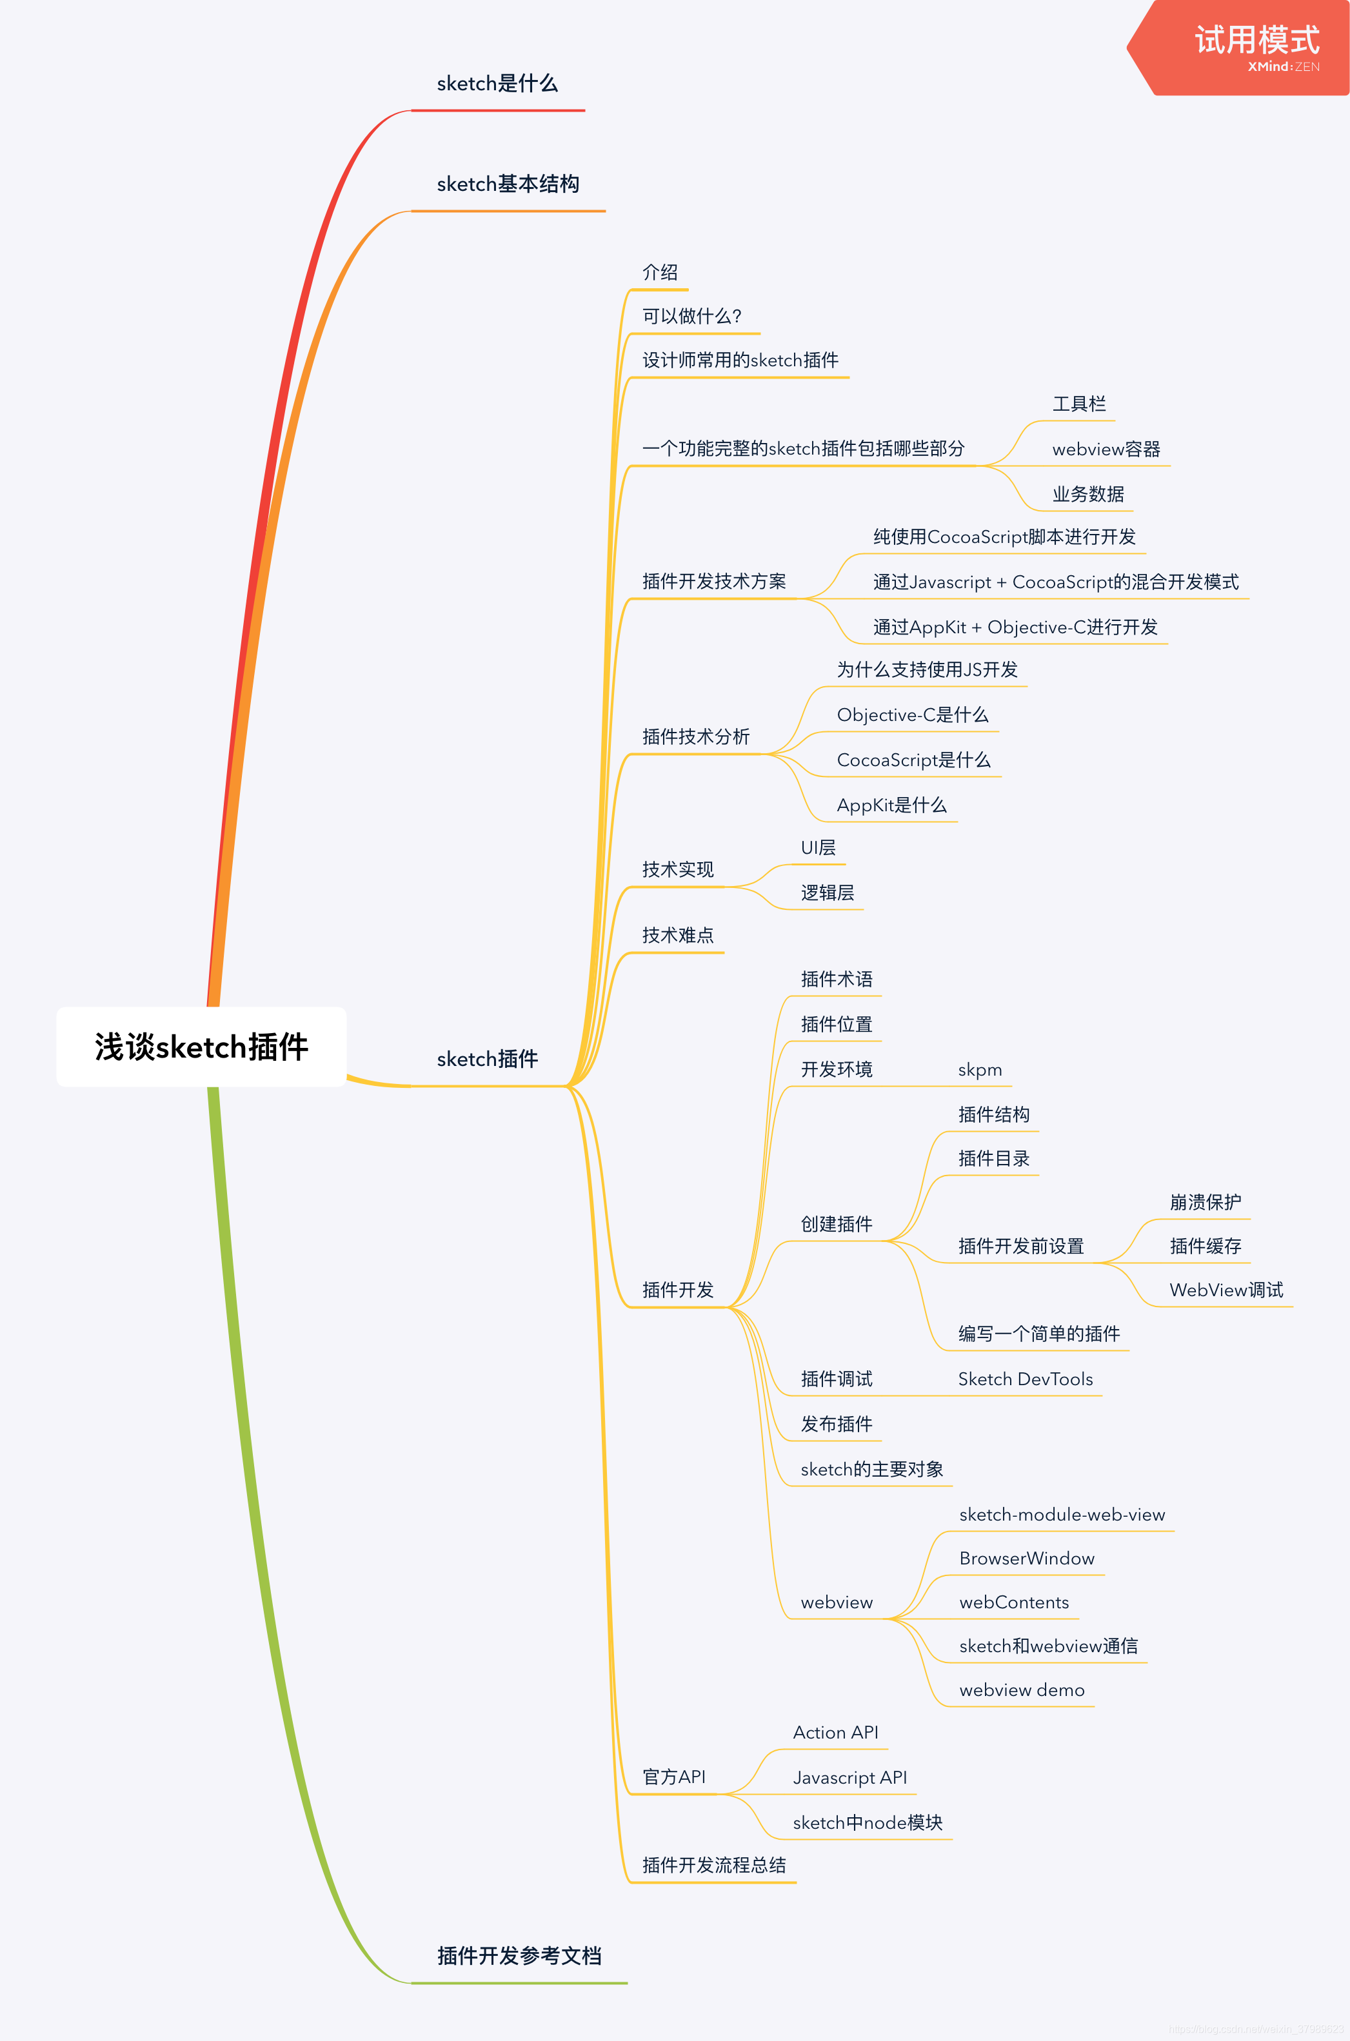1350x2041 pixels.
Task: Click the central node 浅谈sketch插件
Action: click(x=201, y=1047)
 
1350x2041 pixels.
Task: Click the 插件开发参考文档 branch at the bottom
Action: click(x=519, y=1956)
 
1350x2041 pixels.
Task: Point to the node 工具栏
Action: click(x=1079, y=404)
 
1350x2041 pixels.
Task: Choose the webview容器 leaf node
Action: click(x=1106, y=449)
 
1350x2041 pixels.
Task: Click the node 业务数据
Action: click(x=1087, y=494)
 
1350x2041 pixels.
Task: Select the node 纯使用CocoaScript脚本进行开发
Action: click(x=1004, y=537)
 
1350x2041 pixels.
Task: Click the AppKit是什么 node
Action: click(x=891, y=805)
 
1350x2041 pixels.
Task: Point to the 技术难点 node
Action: click(x=678, y=936)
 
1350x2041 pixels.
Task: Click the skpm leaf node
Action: click(x=980, y=1070)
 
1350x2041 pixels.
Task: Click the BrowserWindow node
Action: click(x=1026, y=1559)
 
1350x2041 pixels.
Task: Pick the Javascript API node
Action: click(x=849, y=1778)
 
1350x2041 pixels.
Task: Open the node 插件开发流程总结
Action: click(x=714, y=1866)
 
